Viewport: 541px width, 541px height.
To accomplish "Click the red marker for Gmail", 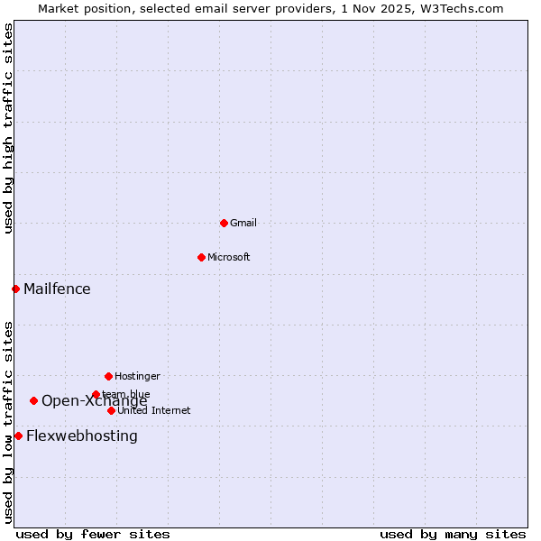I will (x=224, y=223).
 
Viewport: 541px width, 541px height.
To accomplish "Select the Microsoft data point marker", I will (x=201, y=257).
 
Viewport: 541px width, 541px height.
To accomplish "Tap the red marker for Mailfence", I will (x=15, y=289).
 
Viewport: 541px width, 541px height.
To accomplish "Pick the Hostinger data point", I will (x=108, y=376).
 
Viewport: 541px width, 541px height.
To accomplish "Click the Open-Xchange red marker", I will (x=33, y=400).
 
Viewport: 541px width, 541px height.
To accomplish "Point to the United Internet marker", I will (x=111, y=410).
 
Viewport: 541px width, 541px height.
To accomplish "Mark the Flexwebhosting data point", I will (x=18, y=436).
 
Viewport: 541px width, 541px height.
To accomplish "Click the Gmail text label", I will (x=243, y=223).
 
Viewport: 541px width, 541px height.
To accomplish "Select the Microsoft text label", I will (x=229, y=257).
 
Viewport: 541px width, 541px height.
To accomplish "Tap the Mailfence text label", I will (x=57, y=289).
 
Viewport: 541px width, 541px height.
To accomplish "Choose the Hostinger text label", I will (x=137, y=376).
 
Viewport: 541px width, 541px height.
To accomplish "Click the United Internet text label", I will (x=154, y=410).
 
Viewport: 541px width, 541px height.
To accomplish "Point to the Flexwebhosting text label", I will (x=82, y=436).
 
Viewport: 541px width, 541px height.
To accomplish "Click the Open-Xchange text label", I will (x=94, y=401).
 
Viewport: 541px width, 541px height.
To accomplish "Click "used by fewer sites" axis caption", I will (x=93, y=534).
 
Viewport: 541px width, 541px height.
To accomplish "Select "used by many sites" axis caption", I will (x=453, y=534).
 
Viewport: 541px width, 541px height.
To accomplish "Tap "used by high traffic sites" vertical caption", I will (x=8, y=128).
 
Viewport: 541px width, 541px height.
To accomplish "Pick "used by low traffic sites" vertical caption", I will (x=8, y=422).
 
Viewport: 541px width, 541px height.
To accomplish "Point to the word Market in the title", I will (x=59, y=8).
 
